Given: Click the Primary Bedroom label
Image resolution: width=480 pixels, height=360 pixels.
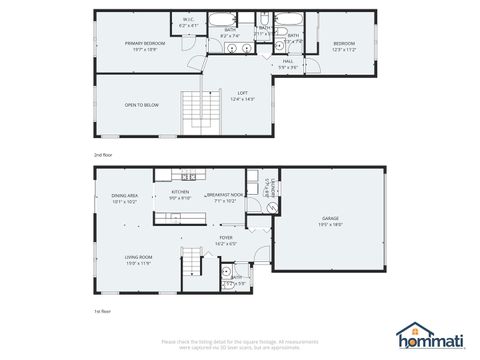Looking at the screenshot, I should (144, 45).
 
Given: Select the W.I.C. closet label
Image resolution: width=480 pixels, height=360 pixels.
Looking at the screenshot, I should (189, 19).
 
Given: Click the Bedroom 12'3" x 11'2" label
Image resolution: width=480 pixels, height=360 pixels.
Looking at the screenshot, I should (343, 45).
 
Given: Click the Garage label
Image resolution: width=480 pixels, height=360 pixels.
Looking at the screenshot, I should (330, 220).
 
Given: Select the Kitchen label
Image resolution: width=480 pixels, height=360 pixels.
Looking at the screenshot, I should (180, 194).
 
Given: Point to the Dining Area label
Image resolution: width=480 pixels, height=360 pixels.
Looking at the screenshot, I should (124, 198).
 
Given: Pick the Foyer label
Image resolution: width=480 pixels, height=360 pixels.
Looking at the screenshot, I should (226, 239).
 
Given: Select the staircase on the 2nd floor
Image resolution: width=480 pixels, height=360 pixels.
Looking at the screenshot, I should (191, 104).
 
